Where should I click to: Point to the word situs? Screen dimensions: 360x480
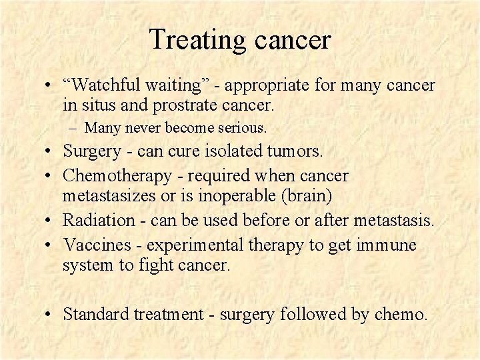[x=99, y=105]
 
